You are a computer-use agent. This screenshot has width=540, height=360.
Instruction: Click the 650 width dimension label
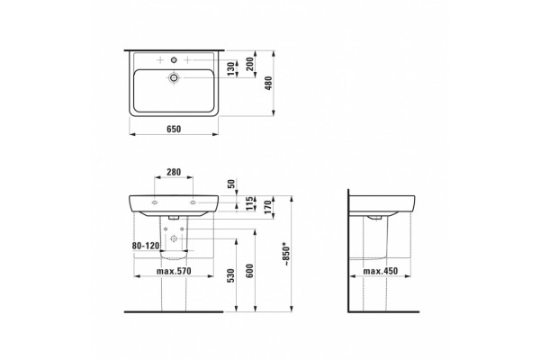[174, 130]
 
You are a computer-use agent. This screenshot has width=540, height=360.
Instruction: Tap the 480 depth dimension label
[268, 83]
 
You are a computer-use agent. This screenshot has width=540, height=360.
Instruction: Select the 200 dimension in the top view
[250, 64]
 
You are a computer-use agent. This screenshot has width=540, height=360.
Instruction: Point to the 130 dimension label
[232, 68]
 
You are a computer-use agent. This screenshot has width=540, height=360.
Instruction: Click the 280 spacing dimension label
[174, 172]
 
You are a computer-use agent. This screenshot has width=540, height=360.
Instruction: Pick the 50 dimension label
[232, 184]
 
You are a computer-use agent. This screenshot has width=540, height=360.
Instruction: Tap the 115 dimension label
[250, 203]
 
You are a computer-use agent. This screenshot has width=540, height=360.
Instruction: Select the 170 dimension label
[268, 207]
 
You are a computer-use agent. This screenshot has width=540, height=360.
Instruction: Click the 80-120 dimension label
[146, 246]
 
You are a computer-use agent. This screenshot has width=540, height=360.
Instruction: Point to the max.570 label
[174, 271]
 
